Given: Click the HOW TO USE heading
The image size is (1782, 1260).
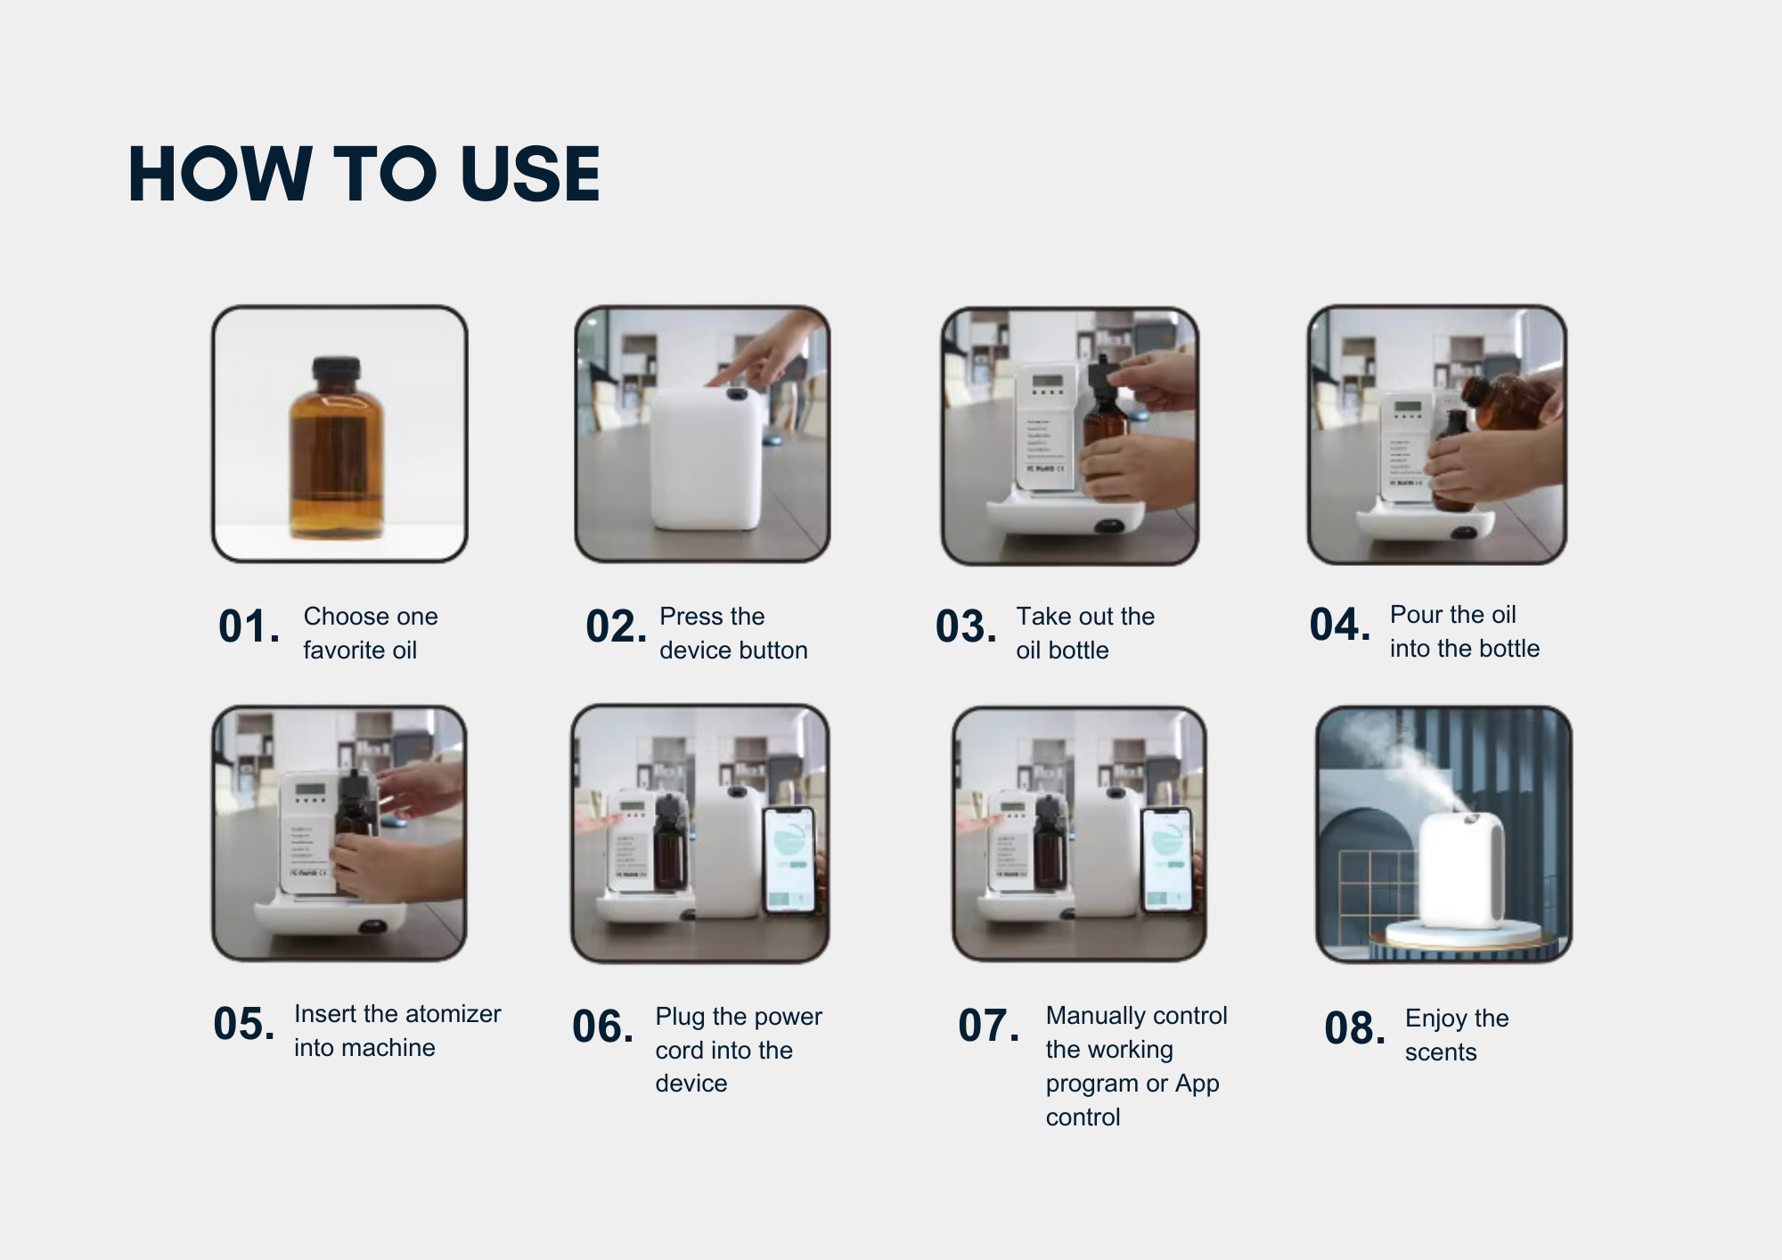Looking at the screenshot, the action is pyautogui.click(x=364, y=174).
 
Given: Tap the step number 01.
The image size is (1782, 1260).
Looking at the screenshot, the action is pyautogui.click(x=249, y=626).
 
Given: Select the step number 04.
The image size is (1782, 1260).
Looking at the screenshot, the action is pyautogui.click(x=1340, y=624).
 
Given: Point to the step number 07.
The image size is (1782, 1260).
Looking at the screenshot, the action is pyautogui.click(x=989, y=1025).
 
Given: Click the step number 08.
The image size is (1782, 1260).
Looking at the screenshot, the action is pyautogui.click(x=1355, y=1027).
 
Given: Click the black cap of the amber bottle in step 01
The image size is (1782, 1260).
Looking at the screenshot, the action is pyautogui.click(x=336, y=367).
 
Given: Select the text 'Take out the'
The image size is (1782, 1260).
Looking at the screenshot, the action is pyautogui.click(x=1085, y=616).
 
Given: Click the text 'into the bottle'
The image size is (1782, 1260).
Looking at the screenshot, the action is pyautogui.click(x=1465, y=648).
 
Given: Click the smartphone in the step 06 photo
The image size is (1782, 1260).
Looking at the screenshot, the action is pyautogui.click(x=789, y=860).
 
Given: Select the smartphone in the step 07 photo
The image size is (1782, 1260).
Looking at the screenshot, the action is pyautogui.click(x=1167, y=860).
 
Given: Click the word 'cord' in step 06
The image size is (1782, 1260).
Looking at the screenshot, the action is pyautogui.click(x=680, y=1050).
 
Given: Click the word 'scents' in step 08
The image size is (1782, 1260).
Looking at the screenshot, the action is pyautogui.click(x=1441, y=1052).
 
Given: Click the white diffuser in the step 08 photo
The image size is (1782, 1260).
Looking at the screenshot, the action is pyautogui.click(x=1461, y=869).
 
